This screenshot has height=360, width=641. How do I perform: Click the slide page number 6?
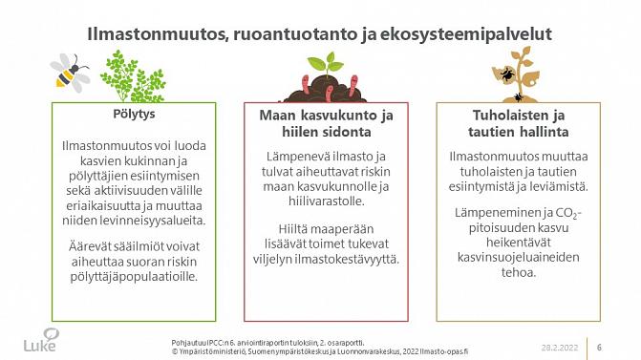tap(599, 346)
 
